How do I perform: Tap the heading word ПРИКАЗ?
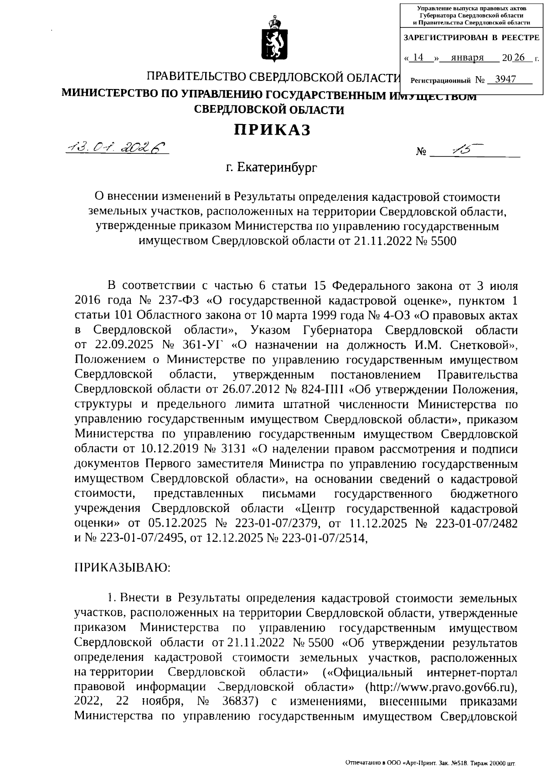coord(273,130)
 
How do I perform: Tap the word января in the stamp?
coord(467,58)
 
